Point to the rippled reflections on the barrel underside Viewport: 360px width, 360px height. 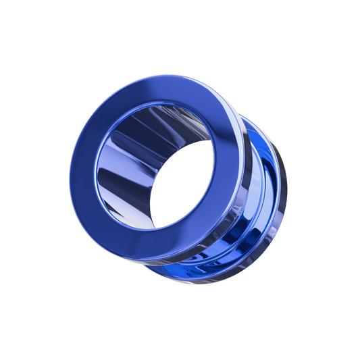[x=216, y=274]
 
